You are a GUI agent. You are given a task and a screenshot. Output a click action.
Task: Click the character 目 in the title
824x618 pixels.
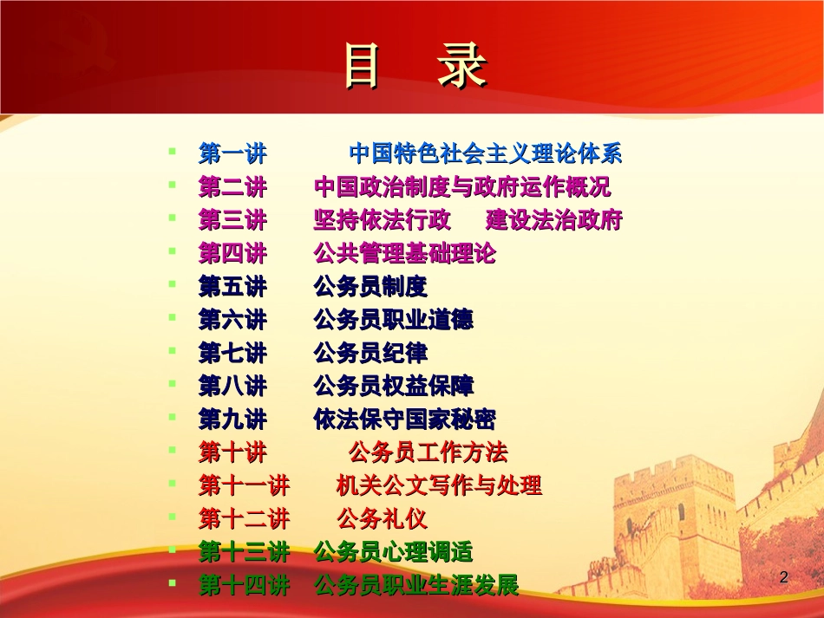click(x=363, y=68)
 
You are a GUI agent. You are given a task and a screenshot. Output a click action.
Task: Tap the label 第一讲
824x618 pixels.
click(x=232, y=155)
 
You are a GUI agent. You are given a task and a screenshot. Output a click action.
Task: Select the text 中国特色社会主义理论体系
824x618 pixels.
click(x=485, y=155)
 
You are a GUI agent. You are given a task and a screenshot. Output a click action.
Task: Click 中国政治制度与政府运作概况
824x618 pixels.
click(x=462, y=187)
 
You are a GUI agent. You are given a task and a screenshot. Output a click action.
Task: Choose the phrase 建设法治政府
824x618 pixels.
click(x=554, y=220)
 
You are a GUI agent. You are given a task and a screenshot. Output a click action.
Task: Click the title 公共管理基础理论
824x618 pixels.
click(x=404, y=254)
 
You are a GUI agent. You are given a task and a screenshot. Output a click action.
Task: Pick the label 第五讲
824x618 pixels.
click(x=232, y=287)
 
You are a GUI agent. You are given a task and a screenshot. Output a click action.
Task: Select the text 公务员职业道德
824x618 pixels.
click(x=393, y=320)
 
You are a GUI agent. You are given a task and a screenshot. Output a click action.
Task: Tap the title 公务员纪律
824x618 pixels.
click(x=370, y=353)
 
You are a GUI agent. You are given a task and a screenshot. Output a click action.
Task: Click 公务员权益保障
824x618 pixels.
click(x=393, y=386)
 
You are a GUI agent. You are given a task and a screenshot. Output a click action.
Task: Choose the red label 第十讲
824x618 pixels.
click(x=232, y=452)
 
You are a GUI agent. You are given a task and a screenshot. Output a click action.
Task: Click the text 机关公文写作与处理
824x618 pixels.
click(x=439, y=485)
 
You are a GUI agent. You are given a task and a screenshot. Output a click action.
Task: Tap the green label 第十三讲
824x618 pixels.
click(x=244, y=552)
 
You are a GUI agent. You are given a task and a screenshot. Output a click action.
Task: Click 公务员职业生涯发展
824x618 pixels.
click(x=416, y=585)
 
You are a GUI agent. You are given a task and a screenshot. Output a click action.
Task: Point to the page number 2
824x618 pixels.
click(x=785, y=577)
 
